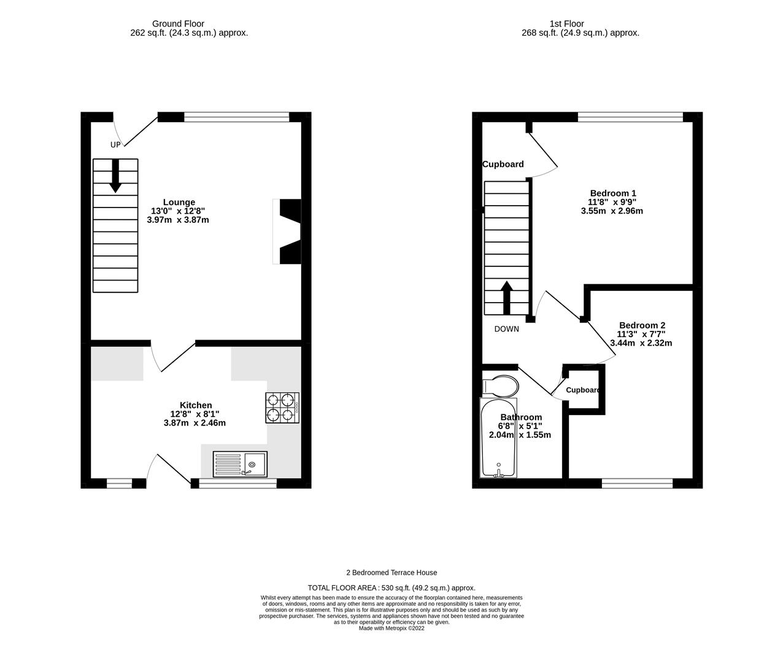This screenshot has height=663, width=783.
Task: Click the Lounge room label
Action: [x=179, y=202]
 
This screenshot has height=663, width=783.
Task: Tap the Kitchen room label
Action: [x=196, y=405]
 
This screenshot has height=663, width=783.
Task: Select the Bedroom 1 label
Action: [x=612, y=193]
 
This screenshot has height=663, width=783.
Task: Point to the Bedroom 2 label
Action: [x=642, y=325]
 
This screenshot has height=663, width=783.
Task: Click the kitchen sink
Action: [x=240, y=464]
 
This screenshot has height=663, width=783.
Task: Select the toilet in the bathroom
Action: [x=500, y=386]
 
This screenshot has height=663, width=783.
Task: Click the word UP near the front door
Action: [x=115, y=145]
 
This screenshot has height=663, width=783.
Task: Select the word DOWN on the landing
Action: [x=506, y=329]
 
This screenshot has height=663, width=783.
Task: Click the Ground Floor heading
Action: [x=178, y=24]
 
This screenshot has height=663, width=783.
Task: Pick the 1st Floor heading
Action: [x=566, y=24]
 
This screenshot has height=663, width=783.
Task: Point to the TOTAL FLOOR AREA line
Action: [x=391, y=587]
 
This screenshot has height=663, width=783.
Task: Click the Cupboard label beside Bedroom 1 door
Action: [x=503, y=164]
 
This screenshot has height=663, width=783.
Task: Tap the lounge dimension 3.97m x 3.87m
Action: [x=178, y=220]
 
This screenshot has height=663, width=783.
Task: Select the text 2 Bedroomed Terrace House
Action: [x=391, y=572]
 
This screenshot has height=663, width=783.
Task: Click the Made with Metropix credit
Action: [x=391, y=628]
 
